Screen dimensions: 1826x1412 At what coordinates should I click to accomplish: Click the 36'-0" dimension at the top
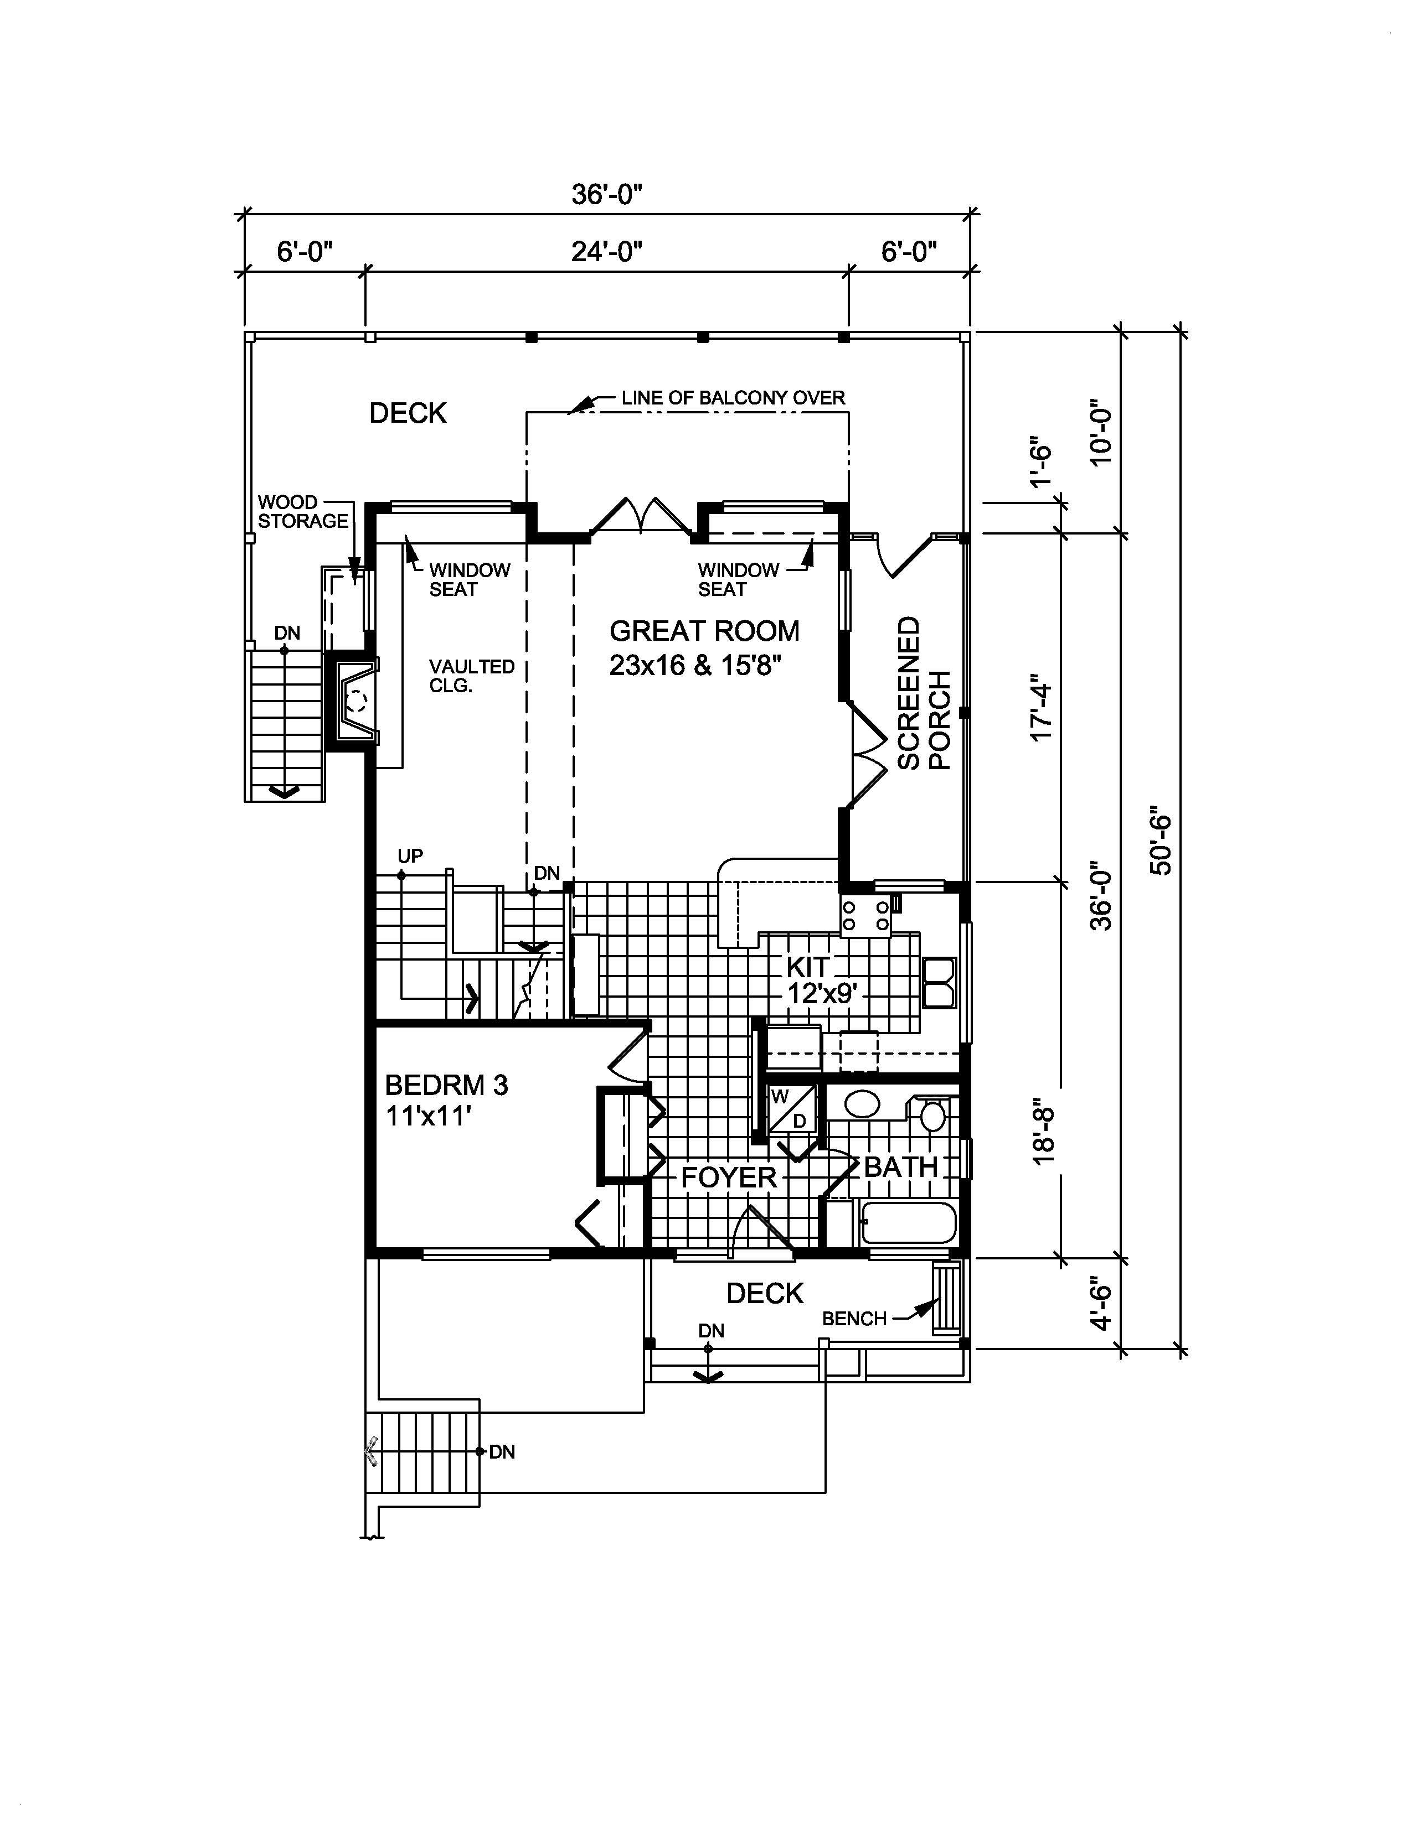[x=606, y=194]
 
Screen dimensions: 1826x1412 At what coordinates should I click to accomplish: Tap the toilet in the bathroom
[x=929, y=1114]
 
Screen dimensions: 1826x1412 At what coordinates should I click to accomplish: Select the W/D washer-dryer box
[x=791, y=1108]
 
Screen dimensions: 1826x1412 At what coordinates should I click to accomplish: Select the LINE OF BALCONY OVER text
[x=733, y=398]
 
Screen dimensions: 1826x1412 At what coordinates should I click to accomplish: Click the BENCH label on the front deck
[x=853, y=1319]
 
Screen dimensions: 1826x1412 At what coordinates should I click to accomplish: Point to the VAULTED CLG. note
[x=471, y=676]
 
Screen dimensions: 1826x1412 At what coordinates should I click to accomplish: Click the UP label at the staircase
[x=410, y=855]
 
